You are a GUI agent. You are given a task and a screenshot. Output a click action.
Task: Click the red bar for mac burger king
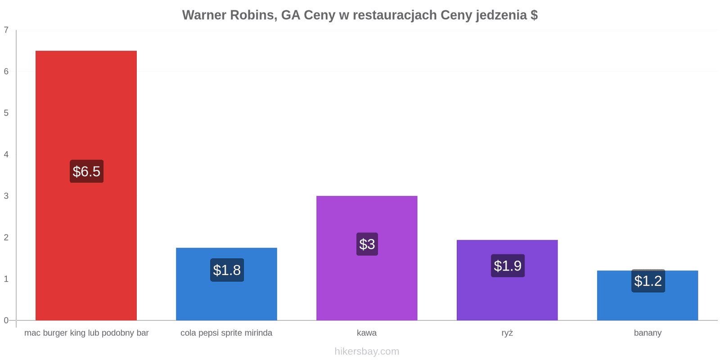[86, 185]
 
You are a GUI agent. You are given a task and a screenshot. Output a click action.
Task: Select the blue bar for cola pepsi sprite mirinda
[226, 284]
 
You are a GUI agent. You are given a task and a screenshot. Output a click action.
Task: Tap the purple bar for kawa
[367, 258]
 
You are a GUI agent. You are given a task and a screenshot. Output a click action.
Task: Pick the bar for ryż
[507, 280]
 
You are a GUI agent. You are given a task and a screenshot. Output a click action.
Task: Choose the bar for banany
[648, 295]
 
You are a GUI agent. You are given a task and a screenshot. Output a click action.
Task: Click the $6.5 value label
[87, 171]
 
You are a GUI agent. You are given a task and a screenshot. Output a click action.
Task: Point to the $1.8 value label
[227, 270]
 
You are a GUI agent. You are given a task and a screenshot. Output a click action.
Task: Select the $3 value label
[367, 244]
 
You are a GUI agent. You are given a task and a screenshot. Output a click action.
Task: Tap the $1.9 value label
[508, 266]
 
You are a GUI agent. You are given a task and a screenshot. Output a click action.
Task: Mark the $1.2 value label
[648, 281]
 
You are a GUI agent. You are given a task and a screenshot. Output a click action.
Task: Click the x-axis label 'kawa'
[367, 333]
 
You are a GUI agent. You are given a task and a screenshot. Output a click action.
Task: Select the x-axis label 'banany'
[648, 333]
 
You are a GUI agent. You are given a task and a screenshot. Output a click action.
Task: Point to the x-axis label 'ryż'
[507, 333]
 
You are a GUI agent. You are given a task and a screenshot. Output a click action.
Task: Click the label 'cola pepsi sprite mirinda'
[226, 333]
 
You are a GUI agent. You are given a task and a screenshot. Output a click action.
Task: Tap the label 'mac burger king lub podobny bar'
[86, 333]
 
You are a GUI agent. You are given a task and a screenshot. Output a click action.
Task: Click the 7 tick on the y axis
[6, 30]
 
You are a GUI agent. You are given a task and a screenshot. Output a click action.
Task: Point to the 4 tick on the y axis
[6, 154]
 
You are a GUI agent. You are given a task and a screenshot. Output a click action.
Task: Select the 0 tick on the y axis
[6, 320]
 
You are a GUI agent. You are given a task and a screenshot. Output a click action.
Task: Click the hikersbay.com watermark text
[367, 351]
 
